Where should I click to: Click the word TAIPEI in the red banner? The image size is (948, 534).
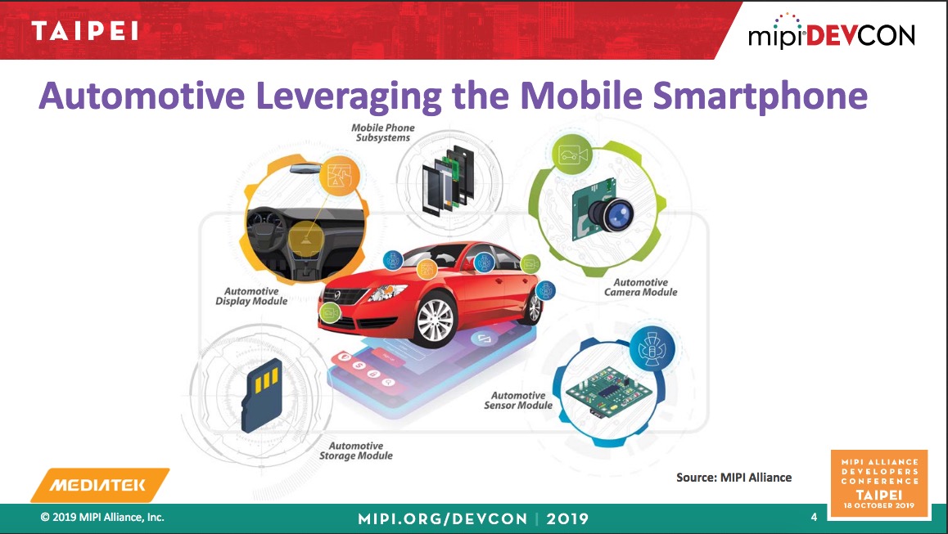tap(84, 31)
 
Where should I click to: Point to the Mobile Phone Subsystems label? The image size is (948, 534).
tap(382, 133)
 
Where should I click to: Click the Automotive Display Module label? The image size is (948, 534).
tap(251, 296)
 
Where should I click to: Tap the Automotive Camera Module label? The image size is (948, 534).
tap(641, 287)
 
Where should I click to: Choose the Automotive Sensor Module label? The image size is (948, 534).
tap(518, 401)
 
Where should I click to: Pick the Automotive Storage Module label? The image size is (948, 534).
tap(356, 451)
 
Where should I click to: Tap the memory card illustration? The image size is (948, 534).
tap(262, 395)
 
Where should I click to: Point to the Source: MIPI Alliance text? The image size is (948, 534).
tap(734, 478)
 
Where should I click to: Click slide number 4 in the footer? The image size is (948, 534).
tap(814, 517)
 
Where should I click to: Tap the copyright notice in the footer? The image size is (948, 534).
tap(102, 517)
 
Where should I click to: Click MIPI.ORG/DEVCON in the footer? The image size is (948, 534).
tap(443, 519)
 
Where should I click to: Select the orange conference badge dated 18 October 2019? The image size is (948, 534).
tap(880, 483)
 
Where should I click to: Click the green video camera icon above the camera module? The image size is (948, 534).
tap(572, 155)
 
